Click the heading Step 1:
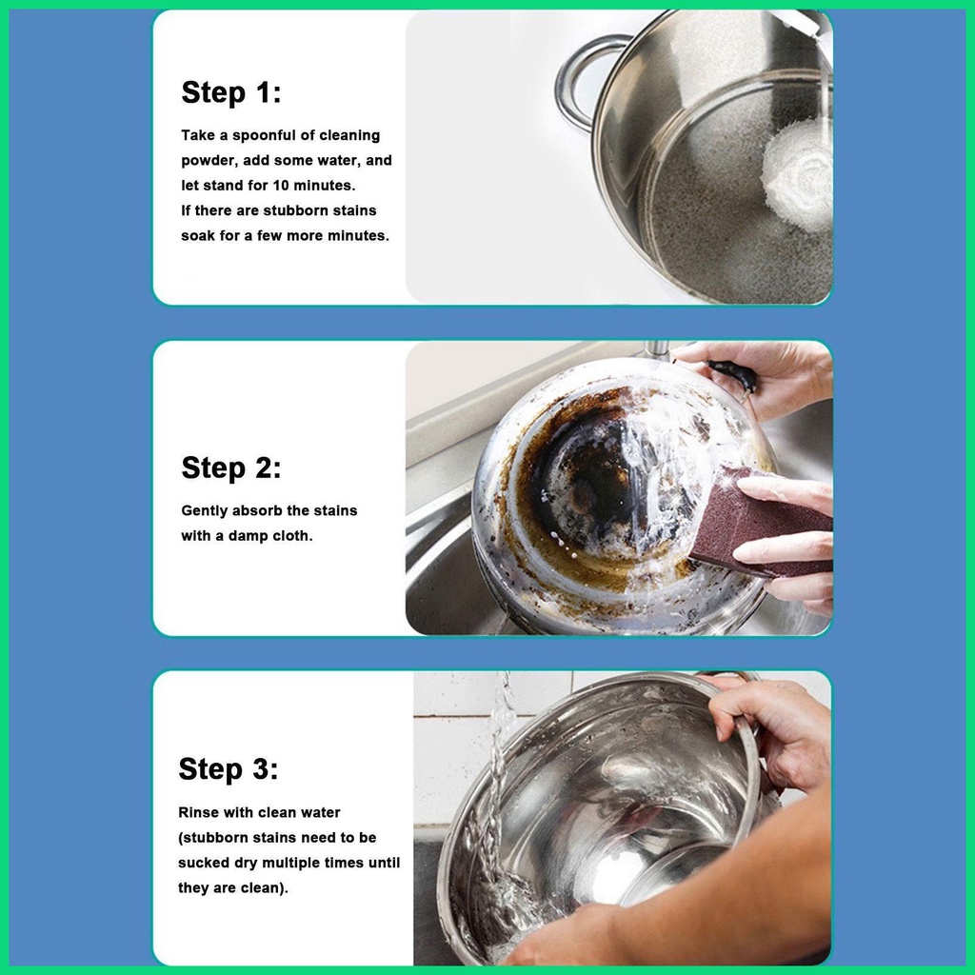[231, 92]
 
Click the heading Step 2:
[231, 468]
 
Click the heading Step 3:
[229, 768]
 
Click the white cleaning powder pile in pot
[798, 173]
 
